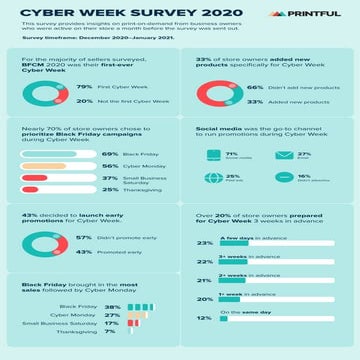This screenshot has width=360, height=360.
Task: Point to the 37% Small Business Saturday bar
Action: (x=40, y=179)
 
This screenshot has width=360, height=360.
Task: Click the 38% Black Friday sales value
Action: (x=111, y=306)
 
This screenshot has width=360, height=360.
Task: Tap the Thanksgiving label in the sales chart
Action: (x=77, y=330)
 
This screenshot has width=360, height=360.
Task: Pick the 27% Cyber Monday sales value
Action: (x=111, y=314)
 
